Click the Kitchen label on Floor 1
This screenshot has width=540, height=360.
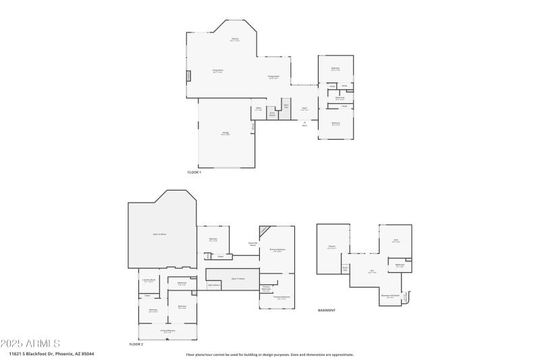[x=236, y=39]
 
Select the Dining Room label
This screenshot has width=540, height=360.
[x=273, y=77]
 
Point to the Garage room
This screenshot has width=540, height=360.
[x=225, y=133]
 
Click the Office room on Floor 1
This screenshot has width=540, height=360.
[x=259, y=109]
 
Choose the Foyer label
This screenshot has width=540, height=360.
[x=304, y=109]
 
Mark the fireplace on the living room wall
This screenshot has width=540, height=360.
[x=189, y=76]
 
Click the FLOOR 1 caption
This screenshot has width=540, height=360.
[x=194, y=172]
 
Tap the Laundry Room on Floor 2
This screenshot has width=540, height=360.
[x=149, y=281]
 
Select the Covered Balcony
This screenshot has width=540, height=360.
[x=167, y=331]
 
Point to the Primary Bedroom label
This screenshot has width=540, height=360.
[x=277, y=250]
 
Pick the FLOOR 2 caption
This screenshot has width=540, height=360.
[x=136, y=344]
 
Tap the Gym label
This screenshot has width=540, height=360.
[x=396, y=240]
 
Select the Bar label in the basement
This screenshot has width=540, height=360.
[x=372, y=272]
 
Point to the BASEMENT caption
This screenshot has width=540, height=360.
[x=327, y=310]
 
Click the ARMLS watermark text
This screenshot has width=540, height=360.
[x=30, y=344]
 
